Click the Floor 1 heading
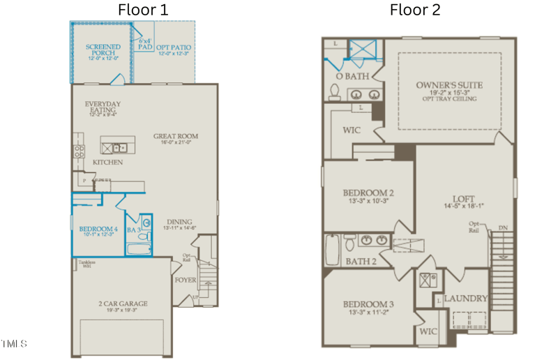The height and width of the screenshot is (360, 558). click(x=142, y=10)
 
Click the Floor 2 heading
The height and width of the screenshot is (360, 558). click(x=415, y=10)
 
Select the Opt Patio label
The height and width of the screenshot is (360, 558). click(x=174, y=47)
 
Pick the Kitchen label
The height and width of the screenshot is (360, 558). click(x=107, y=163)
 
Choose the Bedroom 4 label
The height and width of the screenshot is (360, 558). click(x=98, y=230)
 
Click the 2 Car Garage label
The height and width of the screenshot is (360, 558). click(x=122, y=303)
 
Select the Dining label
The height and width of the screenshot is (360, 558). click(x=179, y=223)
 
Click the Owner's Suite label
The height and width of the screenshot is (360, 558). click(x=448, y=86)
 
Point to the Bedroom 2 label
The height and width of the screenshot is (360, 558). click(x=368, y=193)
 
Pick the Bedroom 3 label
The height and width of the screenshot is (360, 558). click(x=368, y=305)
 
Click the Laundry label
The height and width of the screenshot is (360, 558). click(x=466, y=299)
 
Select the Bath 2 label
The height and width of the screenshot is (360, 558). click(x=361, y=262)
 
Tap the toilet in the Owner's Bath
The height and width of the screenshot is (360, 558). click(x=335, y=92)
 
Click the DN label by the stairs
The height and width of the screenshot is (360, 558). click(x=503, y=228)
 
